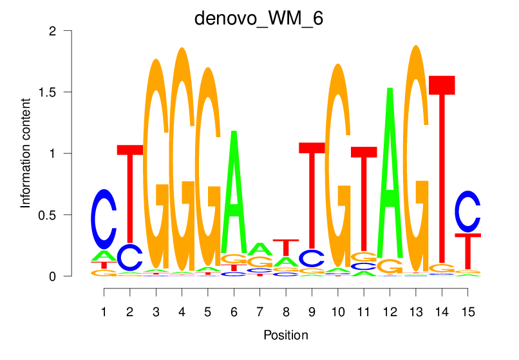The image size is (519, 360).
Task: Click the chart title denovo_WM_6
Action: (x=259, y=18)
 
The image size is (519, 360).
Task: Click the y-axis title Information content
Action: (x=26, y=153)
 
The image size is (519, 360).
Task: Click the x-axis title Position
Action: (x=285, y=335)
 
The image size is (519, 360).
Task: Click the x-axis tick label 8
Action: (x=285, y=311)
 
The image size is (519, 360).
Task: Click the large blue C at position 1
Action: (x=104, y=219)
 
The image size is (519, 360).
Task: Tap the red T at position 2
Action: (x=130, y=193)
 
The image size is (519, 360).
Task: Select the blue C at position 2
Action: (x=130, y=258)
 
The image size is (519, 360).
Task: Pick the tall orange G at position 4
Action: (x=182, y=161)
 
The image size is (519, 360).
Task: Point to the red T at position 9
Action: (x=312, y=193)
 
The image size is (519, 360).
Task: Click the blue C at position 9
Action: (x=312, y=258)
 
